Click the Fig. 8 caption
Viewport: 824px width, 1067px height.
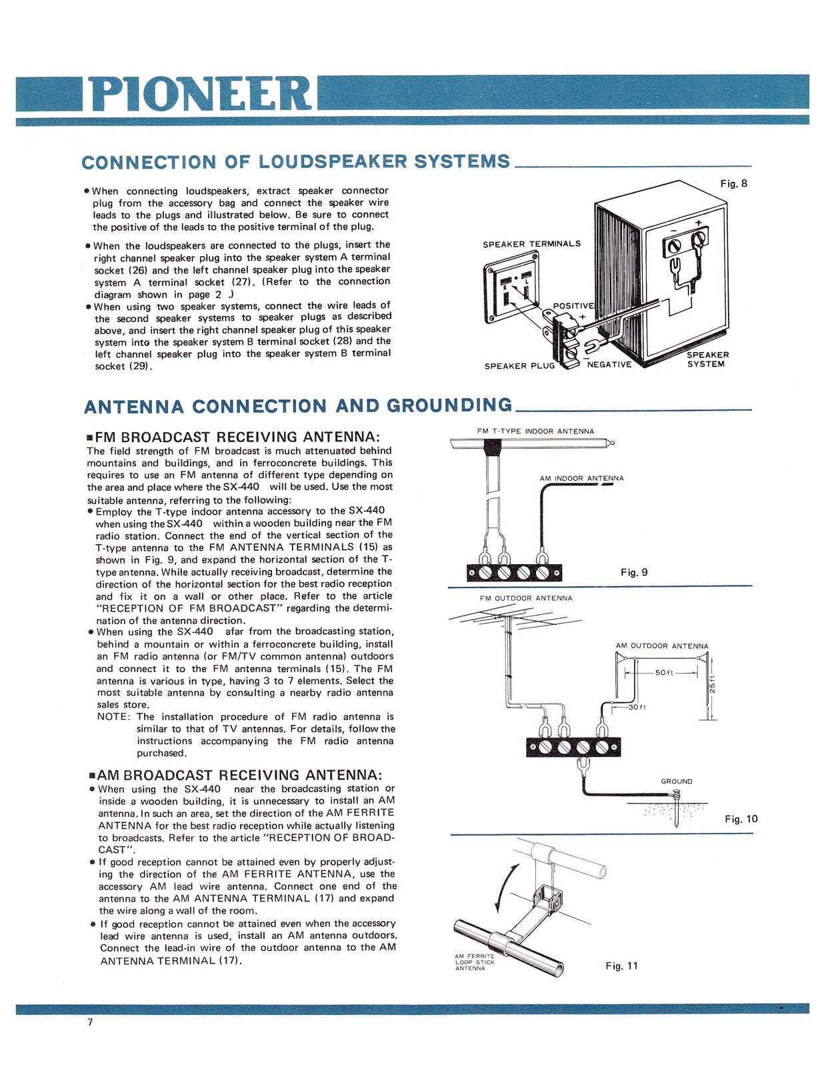coord(733,183)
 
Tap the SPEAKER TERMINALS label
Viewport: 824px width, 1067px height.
coord(531,244)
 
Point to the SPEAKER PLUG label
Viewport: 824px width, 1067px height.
coord(519,365)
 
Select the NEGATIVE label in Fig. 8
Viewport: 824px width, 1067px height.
coord(609,364)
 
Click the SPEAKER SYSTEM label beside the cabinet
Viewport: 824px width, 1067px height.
coord(707,359)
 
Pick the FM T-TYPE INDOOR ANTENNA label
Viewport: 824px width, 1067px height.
coord(535,431)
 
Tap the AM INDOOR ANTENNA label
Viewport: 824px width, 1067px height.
coord(581,478)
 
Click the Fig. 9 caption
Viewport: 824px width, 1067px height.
coord(633,572)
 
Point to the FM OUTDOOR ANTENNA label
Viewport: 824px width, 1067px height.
coord(525,598)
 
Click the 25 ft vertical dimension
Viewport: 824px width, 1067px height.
coord(711,686)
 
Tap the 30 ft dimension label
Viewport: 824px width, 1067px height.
coord(637,707)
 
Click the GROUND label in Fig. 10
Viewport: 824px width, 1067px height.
coord(676,781)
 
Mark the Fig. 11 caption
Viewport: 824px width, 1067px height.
coord(621,966)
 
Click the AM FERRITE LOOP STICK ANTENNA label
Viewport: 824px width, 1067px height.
coord(475,962)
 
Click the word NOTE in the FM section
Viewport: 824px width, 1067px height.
coord(113,717)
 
